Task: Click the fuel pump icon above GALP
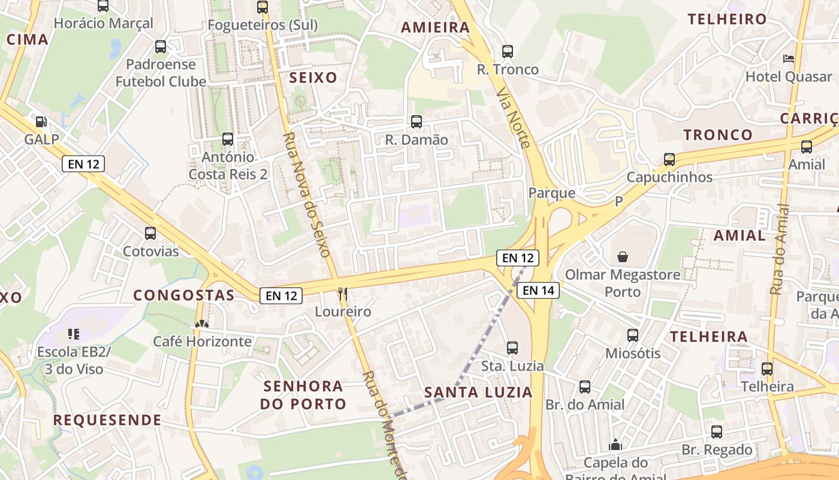tap(41, 122)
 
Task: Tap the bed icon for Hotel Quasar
tap(789, 59)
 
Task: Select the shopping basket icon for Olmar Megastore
tap(623, 257)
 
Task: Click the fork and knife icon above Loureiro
tap(343, 294)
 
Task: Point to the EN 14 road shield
tap(538, 291)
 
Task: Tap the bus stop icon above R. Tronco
tap(508, 52)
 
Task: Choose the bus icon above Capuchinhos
tap(669, 160)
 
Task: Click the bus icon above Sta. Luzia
tap(512, 348)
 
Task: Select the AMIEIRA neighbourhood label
tap(435, 28)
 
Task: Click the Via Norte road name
tap(514, 118)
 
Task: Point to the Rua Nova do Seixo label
tap(306, 195)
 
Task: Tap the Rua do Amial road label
tap(780, 249)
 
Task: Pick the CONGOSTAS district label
tap(184, 295)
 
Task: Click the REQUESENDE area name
tap(107, 420)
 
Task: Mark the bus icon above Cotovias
tap(150, 233)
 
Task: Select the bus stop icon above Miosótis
tap(633, 335)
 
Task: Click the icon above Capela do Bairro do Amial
tap(615, 445)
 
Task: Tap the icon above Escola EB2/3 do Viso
tap(73, 334)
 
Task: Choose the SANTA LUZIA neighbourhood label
tap(478, 393)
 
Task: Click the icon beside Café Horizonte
tap(201, 325)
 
